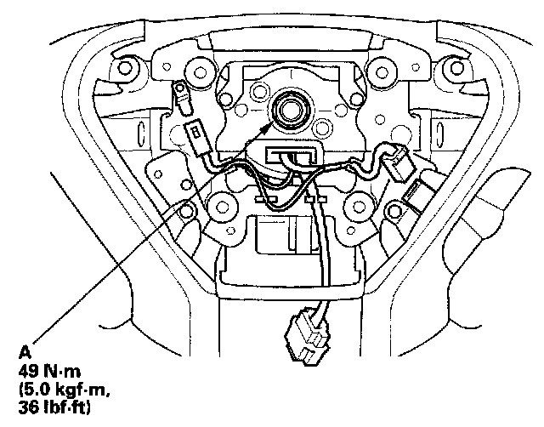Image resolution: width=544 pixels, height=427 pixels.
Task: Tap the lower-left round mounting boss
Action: coord(223,204)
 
